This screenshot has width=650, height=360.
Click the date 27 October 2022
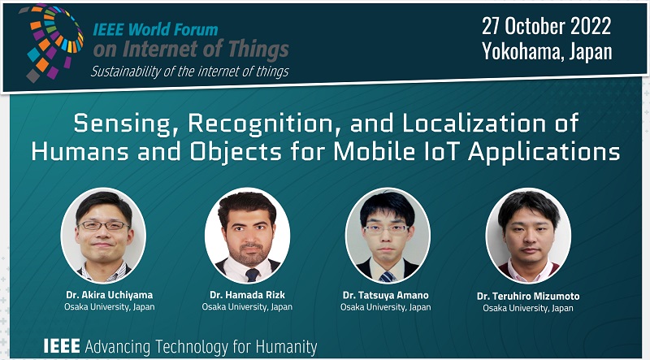tap(546, 26)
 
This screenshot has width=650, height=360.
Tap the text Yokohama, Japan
tap(547, 51)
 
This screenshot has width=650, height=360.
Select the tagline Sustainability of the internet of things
tap(190, 72)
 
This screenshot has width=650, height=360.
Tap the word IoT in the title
tap(441, 151)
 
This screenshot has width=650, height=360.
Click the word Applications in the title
tap(544, 152)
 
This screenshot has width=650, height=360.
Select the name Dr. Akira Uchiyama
tap(110, 295)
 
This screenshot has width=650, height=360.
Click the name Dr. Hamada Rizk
tap(248, 295)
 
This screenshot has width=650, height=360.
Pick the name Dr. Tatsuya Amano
tap(385, 295)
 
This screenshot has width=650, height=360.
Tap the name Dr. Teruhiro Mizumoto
tap(528, 296)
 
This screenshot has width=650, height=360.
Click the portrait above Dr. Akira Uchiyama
tap(103, 235)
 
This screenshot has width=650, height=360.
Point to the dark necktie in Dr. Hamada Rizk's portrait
tap(252, 275)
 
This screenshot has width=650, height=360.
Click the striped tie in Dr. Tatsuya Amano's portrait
tap(388, 276)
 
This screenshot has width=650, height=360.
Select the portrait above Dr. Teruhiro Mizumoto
tap(528, 236)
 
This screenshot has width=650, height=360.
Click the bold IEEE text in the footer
tap(62, 346)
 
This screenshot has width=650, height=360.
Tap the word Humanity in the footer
tap(287, 347)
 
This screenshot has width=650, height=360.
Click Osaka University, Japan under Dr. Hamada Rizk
tap(247, 307)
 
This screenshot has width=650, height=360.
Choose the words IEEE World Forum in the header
tap(155, 29)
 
